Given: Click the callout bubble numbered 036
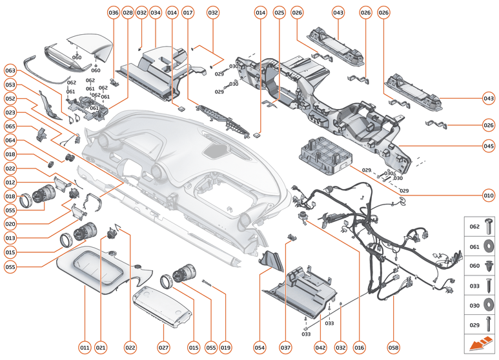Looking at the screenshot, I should point(114,13).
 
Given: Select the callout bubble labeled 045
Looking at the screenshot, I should point(489,146).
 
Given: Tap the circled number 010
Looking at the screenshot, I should point(489,194).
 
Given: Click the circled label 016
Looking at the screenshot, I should point(360,348).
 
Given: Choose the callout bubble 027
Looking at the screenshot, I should point(163,348).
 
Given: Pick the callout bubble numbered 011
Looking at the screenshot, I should point(85,348).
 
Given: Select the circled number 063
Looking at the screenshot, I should point(10,70).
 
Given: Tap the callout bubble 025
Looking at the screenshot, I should point(279,13).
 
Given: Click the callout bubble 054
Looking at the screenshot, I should point(260,348).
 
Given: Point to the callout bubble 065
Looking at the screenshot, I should point(10,126).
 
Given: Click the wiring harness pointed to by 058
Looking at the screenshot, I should point(387,245).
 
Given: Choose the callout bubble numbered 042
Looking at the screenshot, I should point(320,348).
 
